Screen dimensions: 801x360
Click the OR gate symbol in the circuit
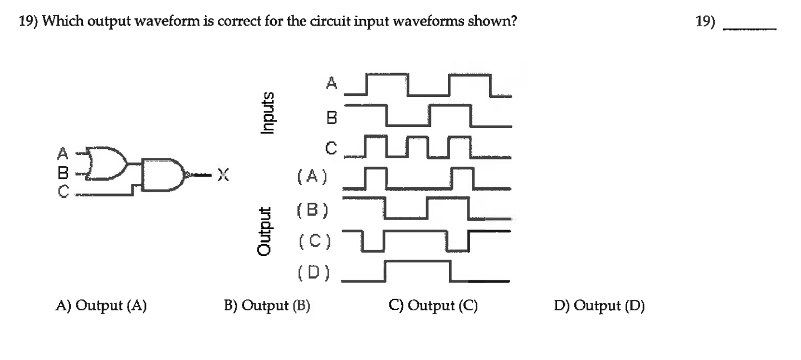pyautogui.click(x=108, y=163)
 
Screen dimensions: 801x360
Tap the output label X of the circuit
pyautogui.click(x=223, y=175)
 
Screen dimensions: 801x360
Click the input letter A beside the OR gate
pyautogui.click(x=62, y=153)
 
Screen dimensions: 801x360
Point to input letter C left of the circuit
pyautogui.click(x=64, y=191)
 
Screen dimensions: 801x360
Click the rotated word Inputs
pyautogui.click(x=267, y=113)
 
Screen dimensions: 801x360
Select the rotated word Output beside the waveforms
pyautogui.click(x=265, y=231)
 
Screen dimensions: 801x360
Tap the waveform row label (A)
pyautogui.click(x=312, y=177)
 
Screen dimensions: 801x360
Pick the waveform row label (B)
pyautogui.click(x=312, y=210)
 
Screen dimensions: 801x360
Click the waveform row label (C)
pyautogui.click(x=315, y=241)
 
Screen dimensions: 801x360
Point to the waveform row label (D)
pyautogui.click(x=314, y=273)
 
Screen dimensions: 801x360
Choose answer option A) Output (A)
pyautogui.click(x=101, y=305)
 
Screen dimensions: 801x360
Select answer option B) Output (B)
pyautogui.click(x=267, y=305)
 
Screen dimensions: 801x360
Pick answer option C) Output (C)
pyautogui.click(x=433, y=305)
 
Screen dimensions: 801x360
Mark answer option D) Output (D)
pyautogui.click(x=599, y=305)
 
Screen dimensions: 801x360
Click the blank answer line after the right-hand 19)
pyautogui.click(x=750, y=29)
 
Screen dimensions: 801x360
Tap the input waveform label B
pyautogui.click(x=332, y=118)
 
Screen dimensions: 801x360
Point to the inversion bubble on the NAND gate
pyautogui.click(x=186, y=175)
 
